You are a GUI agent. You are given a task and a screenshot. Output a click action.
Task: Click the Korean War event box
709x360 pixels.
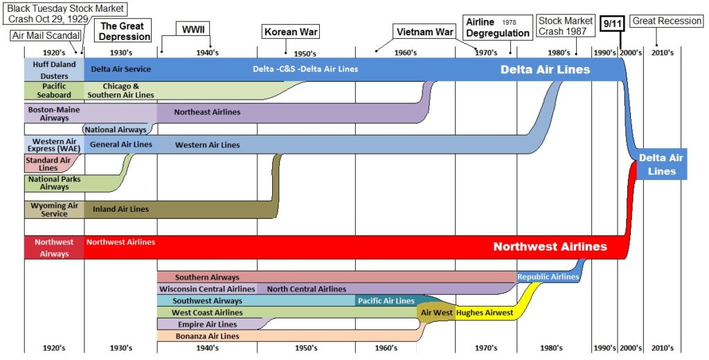click(x=290, y=32)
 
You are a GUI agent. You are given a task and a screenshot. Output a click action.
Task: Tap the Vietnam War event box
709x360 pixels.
click(x=424, y=32)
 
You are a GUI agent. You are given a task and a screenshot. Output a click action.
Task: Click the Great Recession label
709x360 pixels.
click(x=667, y=21)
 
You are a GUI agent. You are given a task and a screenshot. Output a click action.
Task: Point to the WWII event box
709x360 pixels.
click(x=186, y=30)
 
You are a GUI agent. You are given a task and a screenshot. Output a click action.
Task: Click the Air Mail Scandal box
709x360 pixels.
click(x=46, y=35)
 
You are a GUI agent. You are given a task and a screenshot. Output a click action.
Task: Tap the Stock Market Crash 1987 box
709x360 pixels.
click(x=565, y=26)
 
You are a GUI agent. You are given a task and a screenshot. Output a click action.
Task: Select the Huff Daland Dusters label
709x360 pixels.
click(x=54, y=69)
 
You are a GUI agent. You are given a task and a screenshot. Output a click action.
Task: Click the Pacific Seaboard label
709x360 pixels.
click(x=54, y=90)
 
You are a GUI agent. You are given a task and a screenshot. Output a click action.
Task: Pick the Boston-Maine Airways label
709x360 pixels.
click(x=54, y=114)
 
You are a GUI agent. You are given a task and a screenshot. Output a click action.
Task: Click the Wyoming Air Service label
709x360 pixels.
click(x=54, y=209)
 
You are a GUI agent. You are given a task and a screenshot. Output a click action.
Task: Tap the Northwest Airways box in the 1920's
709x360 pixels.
click(x=54, y=248)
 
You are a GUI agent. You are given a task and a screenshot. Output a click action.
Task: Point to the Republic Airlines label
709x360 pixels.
click(x=548, y=277)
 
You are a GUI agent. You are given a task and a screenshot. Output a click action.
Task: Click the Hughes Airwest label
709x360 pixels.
click(x=485, y=313)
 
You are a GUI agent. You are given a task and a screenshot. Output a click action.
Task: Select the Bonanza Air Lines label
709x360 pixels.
click(x=207, y=336)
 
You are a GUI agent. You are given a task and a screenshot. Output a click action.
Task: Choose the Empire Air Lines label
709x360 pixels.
click(x=207, y=324)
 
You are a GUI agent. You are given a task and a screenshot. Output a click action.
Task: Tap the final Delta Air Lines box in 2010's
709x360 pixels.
click(x=661, y=164)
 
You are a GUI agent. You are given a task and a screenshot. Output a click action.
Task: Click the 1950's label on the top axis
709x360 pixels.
click(x=305, y=53)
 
